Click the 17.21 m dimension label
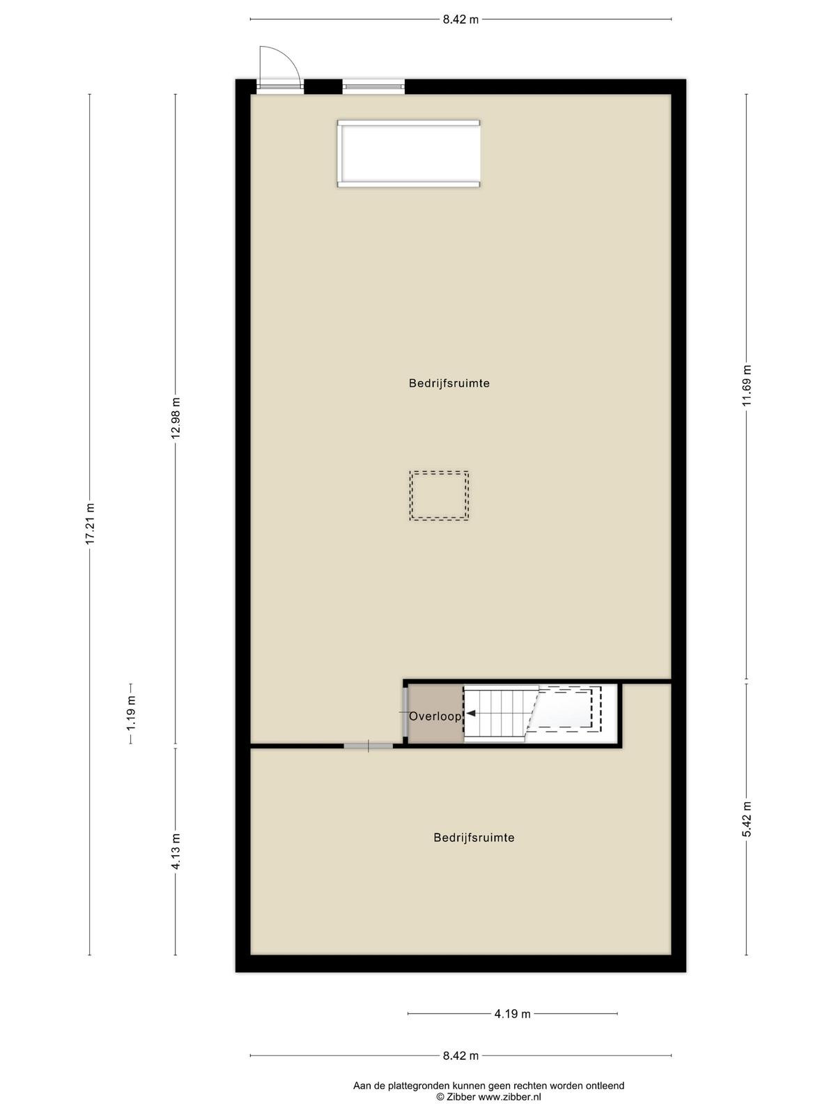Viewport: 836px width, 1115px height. tap(91, 524)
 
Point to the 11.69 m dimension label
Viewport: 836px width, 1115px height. tap(746, 386)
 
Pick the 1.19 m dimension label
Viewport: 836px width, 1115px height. tap(132, 714)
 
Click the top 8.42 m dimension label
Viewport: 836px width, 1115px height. tap(461, 20)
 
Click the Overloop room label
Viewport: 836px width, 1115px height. tap(435, 716)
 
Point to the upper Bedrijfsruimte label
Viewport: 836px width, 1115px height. tap(449, 383)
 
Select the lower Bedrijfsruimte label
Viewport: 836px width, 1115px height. tap(474, 838)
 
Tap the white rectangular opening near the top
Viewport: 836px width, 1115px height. tap(409, 153)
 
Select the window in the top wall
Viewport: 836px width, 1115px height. tap(373, 86)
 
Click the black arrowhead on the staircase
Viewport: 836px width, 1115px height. tap(470, 714)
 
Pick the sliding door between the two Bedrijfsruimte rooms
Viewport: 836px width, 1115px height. tap(369, 746)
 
